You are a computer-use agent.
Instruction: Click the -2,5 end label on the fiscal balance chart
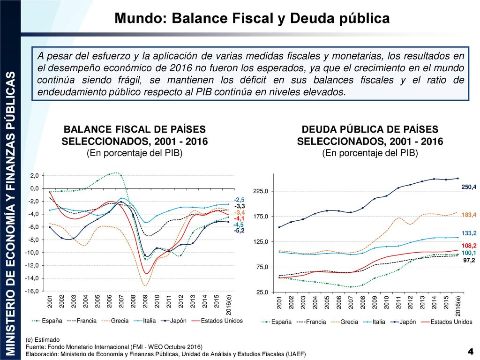coord(240,200)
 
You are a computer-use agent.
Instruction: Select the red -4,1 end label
coord(240,218)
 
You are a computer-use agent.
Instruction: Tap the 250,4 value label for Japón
coord(469,187)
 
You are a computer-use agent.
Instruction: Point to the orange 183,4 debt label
coord(469,215)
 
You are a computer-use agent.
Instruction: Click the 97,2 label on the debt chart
coord(469,260)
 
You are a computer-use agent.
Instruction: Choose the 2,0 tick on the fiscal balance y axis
coord(35,176)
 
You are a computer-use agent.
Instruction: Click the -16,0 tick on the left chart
coord(32,291)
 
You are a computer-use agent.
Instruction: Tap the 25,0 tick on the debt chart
coord(262,292)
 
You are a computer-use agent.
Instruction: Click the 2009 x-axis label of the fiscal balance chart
coord(145,301)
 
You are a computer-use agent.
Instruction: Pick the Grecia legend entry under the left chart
coord(115,321)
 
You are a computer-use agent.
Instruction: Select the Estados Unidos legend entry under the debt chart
coord(447,322)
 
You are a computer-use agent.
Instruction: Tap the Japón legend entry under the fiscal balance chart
coord(173,321)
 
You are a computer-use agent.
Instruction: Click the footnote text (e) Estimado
coord(43,339)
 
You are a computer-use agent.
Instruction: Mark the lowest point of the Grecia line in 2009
coord(145,286)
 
